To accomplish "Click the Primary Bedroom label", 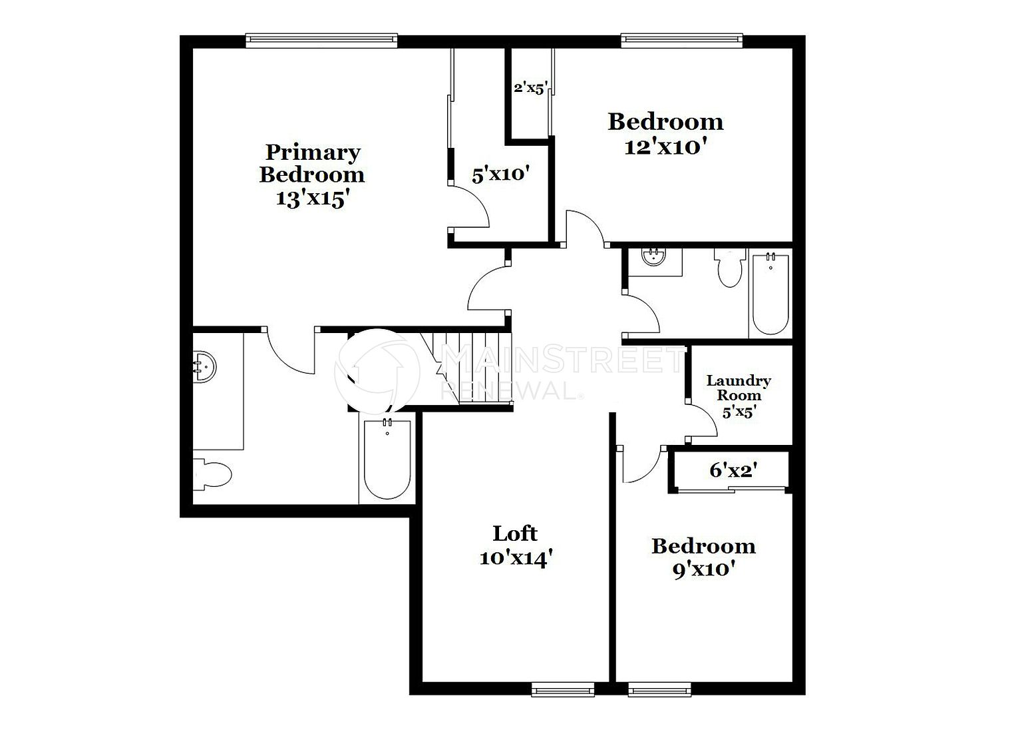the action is coord(312,163).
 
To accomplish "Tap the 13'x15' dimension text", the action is coord(313,198).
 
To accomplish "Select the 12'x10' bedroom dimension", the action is coord(665,147).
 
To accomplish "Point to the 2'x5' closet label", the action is coord(530,88).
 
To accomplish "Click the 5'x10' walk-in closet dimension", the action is coord(500,175).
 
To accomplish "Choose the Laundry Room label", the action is coord(739,388).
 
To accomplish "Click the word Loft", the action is coord(515,534).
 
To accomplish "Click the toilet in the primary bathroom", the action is coord(212,475).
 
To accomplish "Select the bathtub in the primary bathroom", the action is coord(387,460).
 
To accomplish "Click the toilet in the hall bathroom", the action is coord(730,268).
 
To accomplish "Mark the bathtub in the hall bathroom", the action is coord(770,294).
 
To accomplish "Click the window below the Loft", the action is coord(562,689).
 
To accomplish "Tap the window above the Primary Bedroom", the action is coord(321,40).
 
